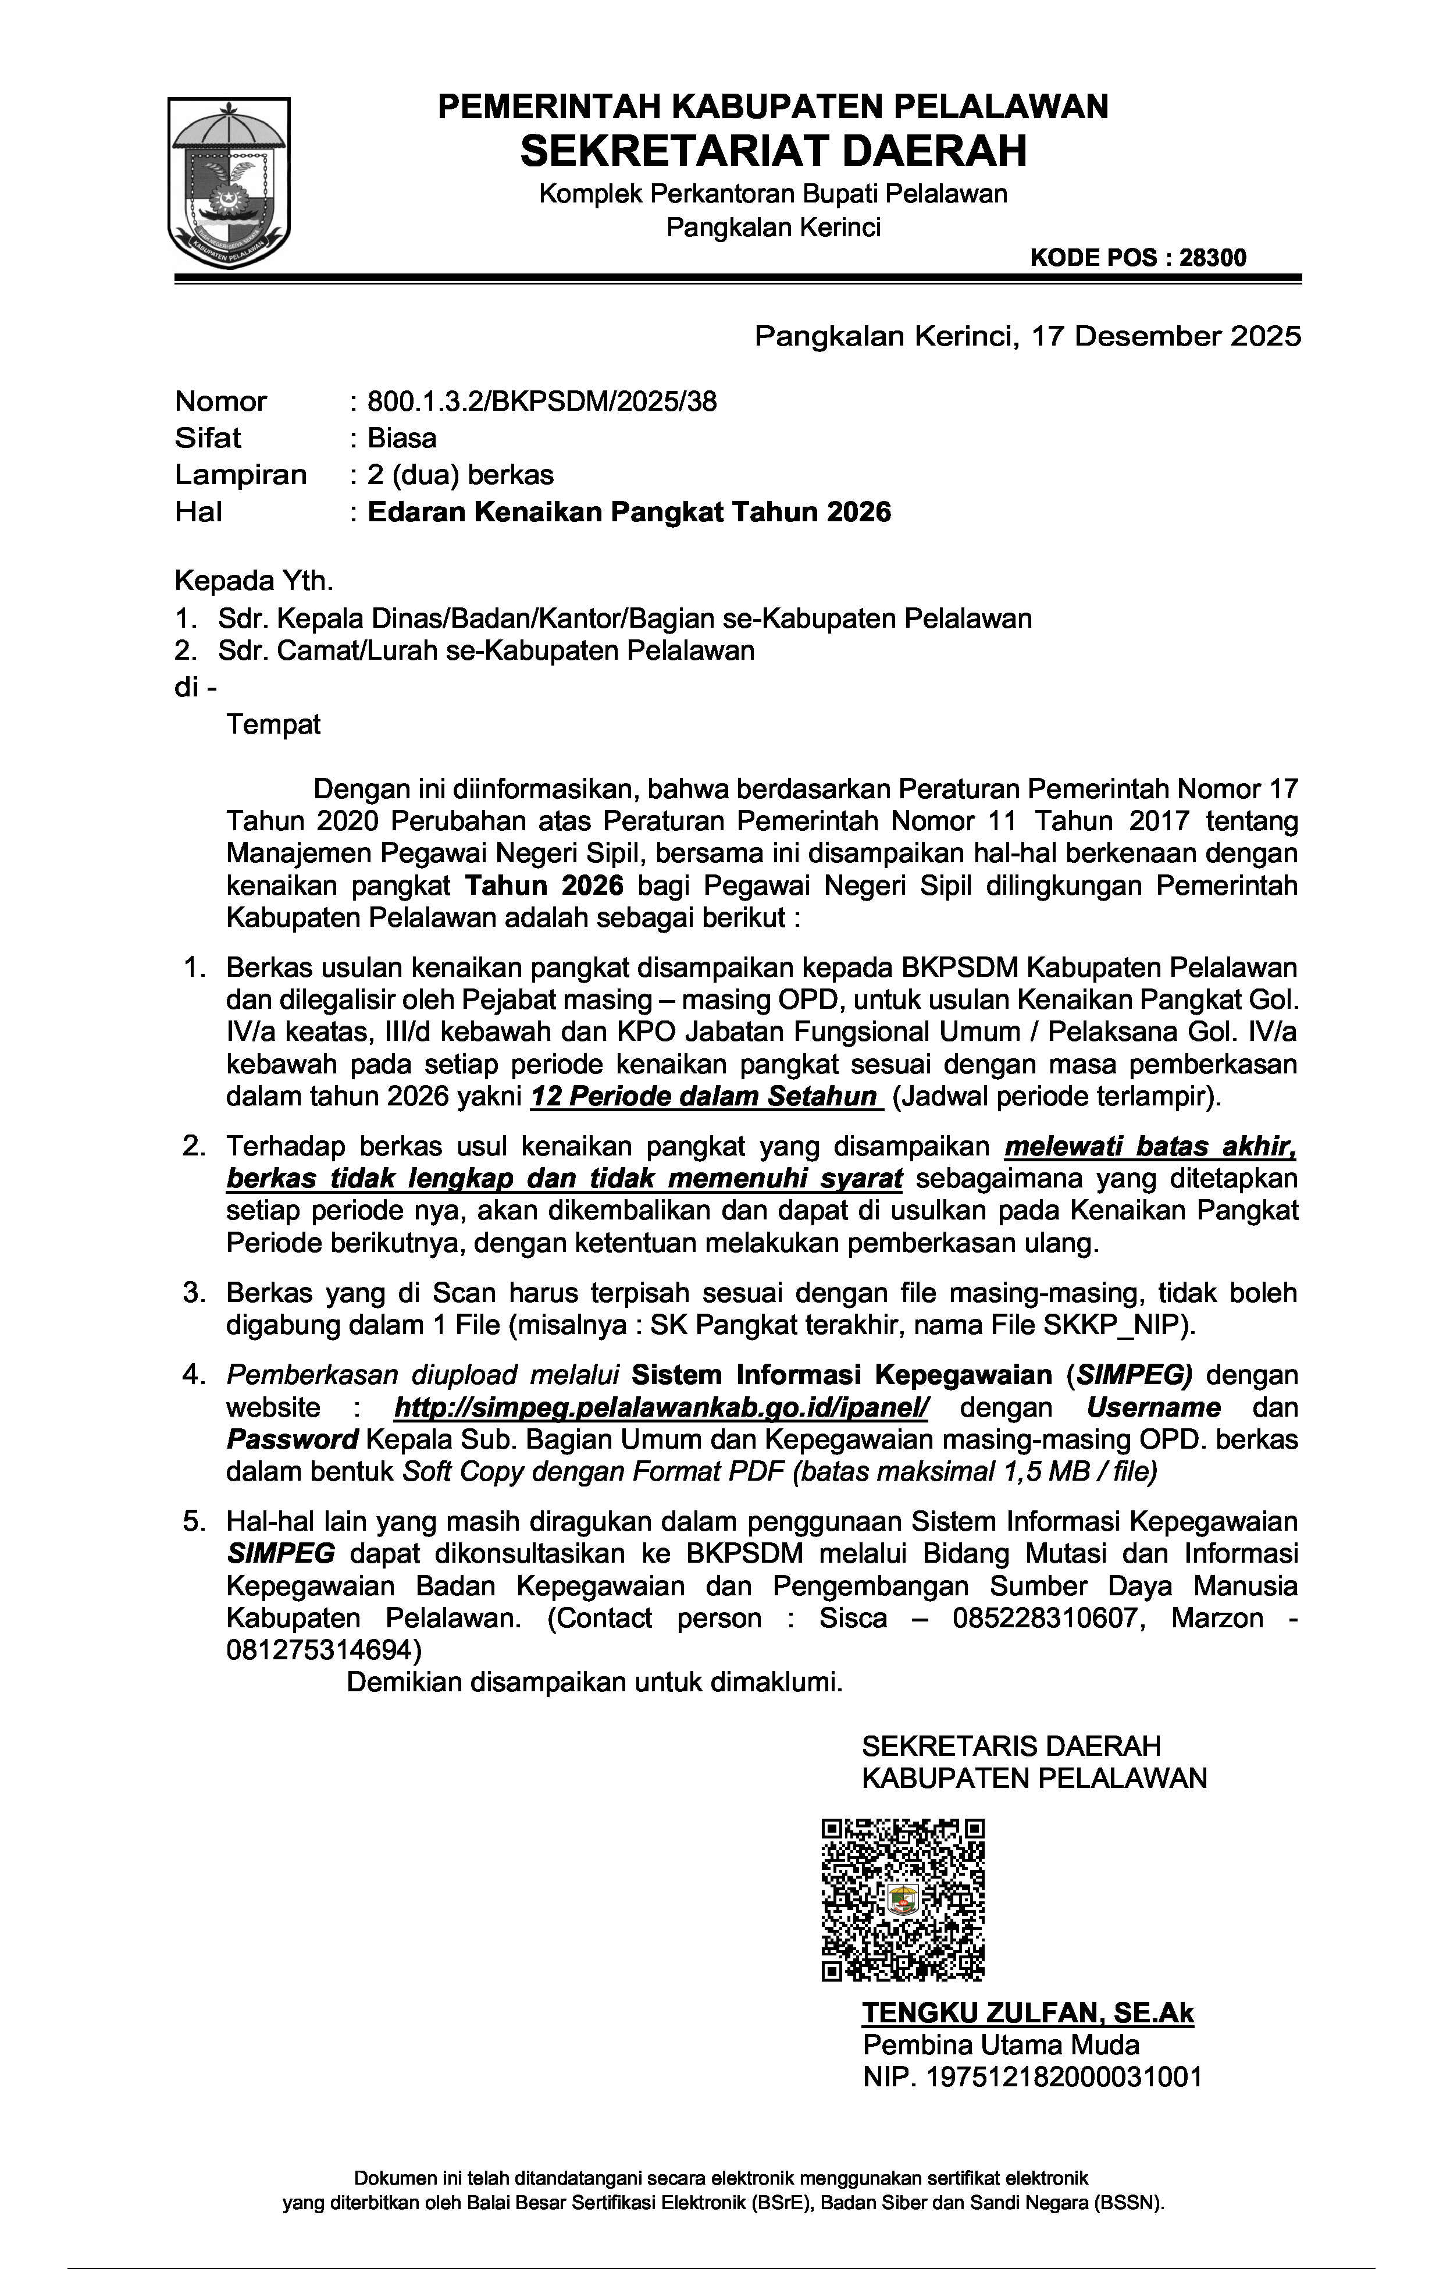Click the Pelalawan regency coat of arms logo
tap(229, 183)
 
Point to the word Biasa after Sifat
tap(402, 438)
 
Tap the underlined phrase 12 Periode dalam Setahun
tap(704, 1097)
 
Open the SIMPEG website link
tap(661, 1408)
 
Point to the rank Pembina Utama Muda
tap(1001, 2045)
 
